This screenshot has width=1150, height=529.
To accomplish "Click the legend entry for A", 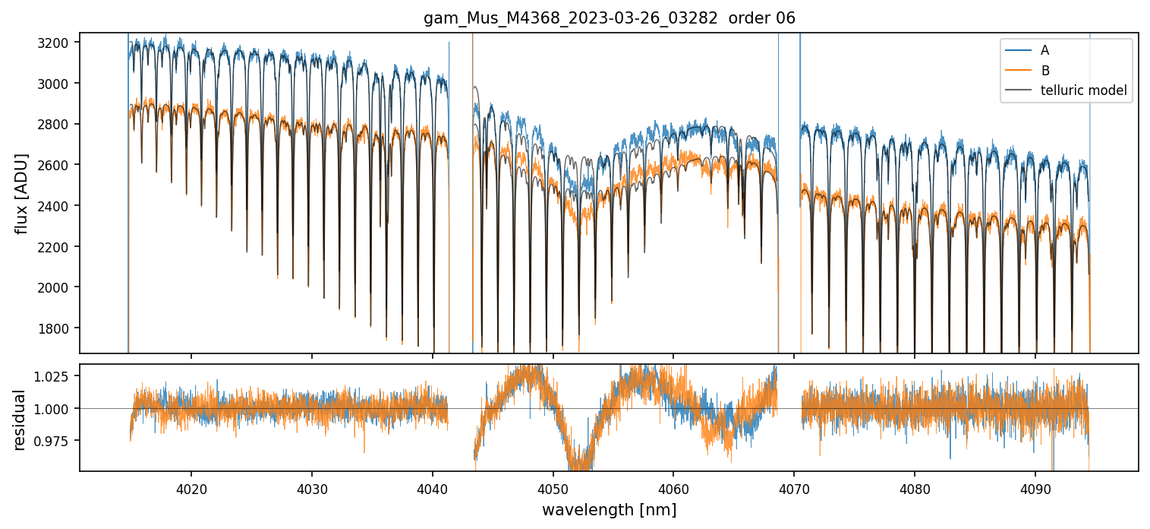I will tap(1044, 50).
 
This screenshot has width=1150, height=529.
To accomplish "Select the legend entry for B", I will tap(1044, 71).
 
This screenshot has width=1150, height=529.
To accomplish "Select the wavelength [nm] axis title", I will tap(609, 510).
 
